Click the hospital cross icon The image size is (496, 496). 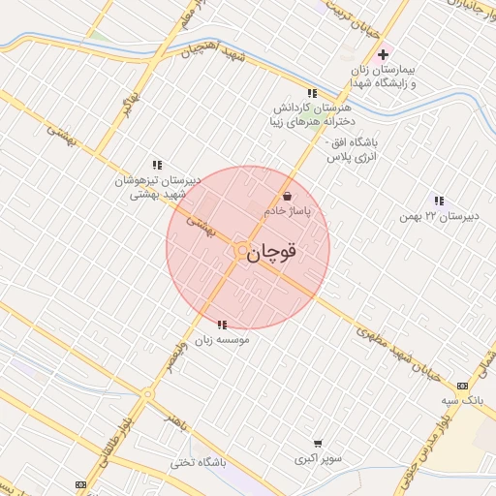click(x=385, y=54)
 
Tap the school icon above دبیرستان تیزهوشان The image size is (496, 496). click(x=157, y=166)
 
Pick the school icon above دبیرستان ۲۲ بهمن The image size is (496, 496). click(x=439, y=201)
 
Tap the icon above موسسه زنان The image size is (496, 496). click(x=222, y=325)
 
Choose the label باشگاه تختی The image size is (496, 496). click(x=198, y=463)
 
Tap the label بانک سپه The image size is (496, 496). click(x=462, y=398)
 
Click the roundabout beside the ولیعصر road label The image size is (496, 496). click(x=147, y=393)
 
